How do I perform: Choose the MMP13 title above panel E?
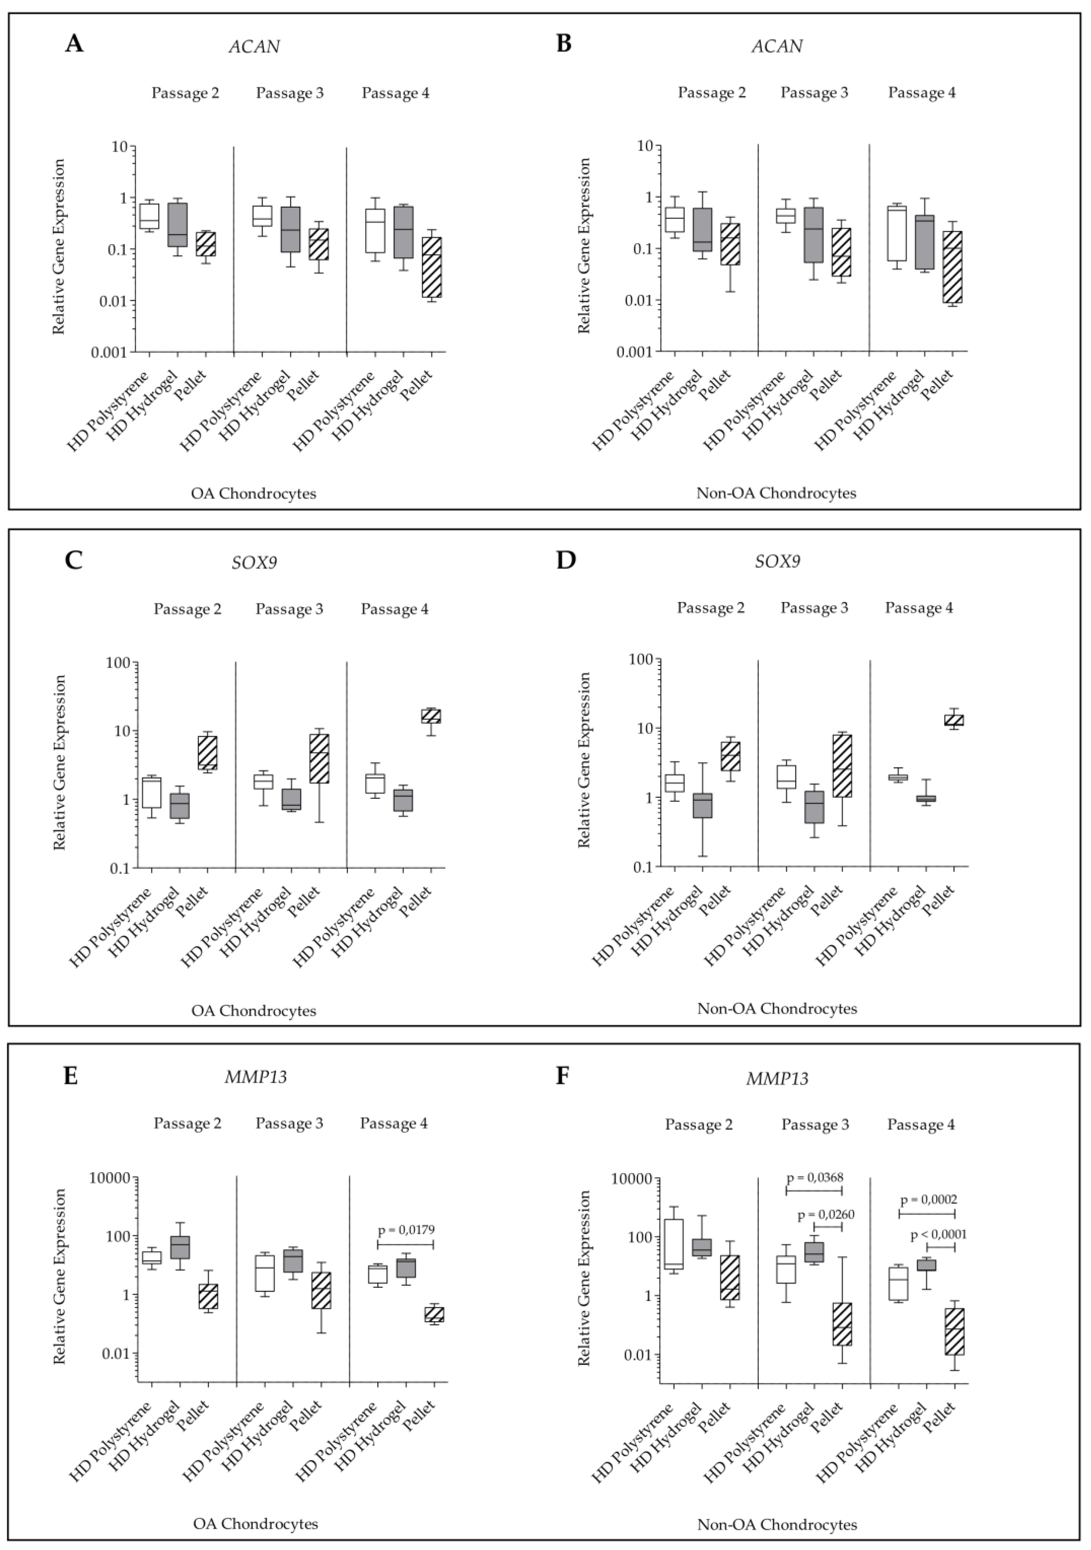[x=256, y=1077]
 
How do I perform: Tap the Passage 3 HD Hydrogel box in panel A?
[x=290, y=229]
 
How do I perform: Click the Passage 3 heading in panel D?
[x=814, y=608]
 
